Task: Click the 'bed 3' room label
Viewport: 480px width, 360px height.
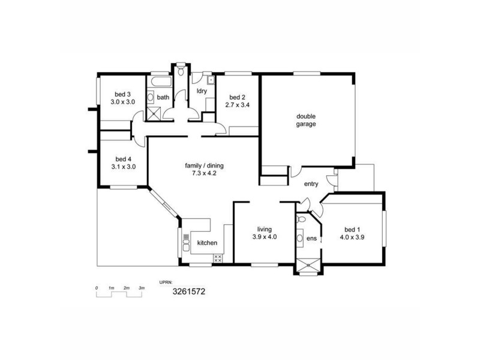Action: click(x=123, y=94)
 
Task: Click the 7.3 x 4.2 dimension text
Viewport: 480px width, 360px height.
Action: click(x=205, y=174)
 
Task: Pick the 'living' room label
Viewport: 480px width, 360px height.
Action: click(x=265, y=229)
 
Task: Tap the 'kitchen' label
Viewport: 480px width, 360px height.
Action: click(x=207, y=243)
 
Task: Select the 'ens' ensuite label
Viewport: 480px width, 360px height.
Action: click(x=311, y=239)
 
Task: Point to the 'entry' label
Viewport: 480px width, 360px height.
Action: click(x=311, y=184)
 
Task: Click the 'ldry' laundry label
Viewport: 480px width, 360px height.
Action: click(x=202, y=91)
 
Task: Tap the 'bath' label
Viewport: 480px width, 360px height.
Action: click(x=163, y=97)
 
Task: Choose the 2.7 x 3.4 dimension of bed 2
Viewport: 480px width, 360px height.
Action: click(x=237, y=105)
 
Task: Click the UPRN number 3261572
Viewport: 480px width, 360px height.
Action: click(x=189, y=292)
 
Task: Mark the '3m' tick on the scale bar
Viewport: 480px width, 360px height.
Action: click(x=142, y=289)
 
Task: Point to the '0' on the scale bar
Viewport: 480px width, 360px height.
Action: click(x=97, y=289)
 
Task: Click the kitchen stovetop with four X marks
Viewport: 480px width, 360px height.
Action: click(x=218, y=259)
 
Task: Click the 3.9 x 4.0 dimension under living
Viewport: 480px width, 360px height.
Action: click(x=265, y=237)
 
